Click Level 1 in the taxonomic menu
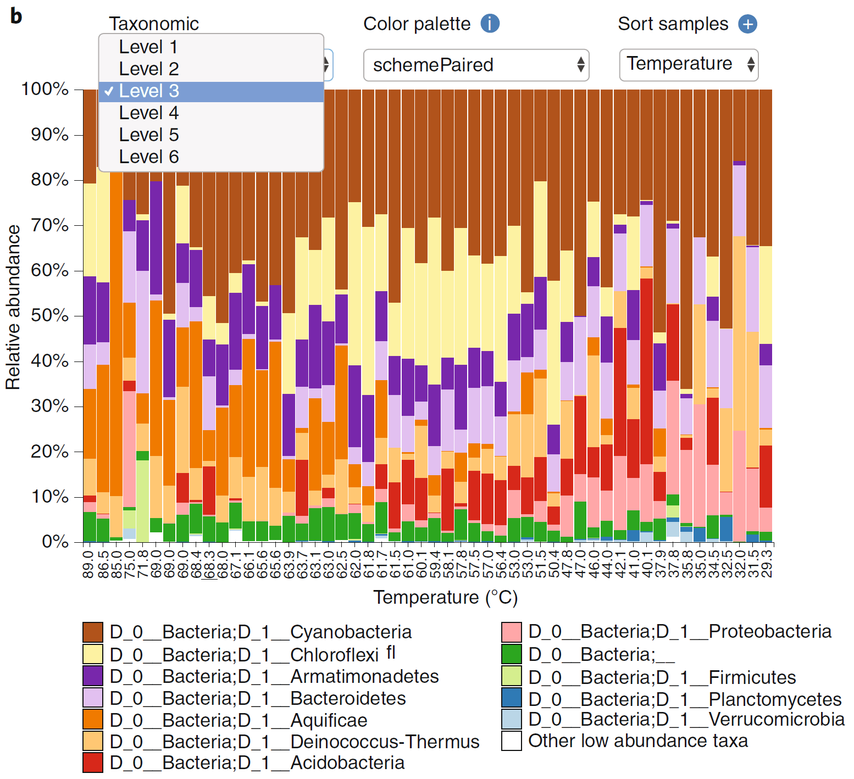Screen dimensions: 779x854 [148, 47]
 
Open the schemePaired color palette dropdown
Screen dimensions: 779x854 [476, 65]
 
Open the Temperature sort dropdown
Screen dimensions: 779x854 [689, 65]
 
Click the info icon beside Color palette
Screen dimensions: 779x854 [490, 24]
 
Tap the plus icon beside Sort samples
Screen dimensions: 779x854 [747, 24]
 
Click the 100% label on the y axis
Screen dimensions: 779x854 [45, 89]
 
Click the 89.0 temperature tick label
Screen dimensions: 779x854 [88, 561]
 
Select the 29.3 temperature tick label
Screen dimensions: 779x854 [767, 561]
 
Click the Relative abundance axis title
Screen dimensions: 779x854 [13, 308]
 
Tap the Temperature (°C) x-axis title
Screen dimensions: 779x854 [446, 597]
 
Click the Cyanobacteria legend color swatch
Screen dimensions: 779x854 [93, 632]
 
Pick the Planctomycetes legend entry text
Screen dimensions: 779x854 [685, 699]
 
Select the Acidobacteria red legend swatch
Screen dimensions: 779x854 [93, 763]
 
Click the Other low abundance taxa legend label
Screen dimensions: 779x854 [638, 741]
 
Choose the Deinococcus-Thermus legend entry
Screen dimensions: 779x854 [295, 742]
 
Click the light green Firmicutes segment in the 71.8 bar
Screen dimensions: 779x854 [142, 500]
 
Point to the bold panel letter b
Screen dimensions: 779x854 [16, 16]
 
